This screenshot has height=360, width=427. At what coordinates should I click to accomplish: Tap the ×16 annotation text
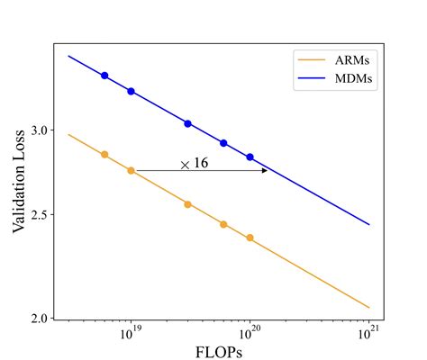195,164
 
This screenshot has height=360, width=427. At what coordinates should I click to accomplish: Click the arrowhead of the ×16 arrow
264,170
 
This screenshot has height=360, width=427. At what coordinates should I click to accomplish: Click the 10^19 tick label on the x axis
132,331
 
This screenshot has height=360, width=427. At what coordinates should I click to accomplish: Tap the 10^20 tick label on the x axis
250,331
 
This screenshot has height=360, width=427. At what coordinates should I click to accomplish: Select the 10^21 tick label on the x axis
369,331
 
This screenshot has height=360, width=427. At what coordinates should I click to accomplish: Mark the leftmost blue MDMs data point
104,76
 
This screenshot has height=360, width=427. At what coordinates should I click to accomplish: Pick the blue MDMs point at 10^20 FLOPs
250,157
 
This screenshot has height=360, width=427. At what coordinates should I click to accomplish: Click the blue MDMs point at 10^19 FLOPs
131,91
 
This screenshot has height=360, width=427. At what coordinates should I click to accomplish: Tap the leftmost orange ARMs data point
104,155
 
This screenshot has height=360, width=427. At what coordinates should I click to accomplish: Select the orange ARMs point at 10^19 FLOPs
131,170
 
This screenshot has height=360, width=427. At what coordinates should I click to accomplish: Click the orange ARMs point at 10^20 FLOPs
250,238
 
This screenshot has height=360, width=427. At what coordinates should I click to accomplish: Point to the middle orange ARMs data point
187,204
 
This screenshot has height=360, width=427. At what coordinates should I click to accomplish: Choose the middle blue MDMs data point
187,123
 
